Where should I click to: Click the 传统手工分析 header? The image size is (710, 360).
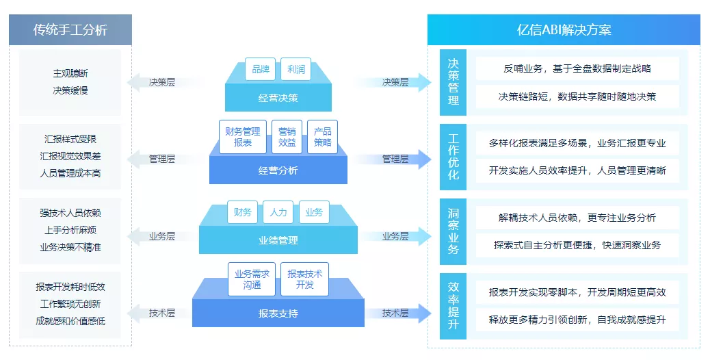click(70, 30)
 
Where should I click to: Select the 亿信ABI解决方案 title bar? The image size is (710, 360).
click(564, 30)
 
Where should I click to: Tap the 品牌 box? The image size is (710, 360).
click(260, 69)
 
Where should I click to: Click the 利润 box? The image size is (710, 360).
click(296, 69)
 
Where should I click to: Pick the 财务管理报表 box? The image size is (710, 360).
click(242, 137)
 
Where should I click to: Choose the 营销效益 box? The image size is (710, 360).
click(287, 137)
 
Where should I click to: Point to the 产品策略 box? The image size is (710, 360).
click(322, 137)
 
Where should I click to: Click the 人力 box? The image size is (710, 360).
click(278, 212)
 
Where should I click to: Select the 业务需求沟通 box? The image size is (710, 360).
click(252, 279)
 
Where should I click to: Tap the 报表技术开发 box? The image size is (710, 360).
click(305, 279)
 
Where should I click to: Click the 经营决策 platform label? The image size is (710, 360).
click(278, 98)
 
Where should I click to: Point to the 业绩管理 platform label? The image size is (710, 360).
click(278, 240)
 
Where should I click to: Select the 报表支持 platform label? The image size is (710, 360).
click(278, 314)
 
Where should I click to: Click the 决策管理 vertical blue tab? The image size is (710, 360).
click(453, 81)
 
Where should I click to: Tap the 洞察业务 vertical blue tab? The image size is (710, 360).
click(453, 231)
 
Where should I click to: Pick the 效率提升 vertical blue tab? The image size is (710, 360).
click(453, 306)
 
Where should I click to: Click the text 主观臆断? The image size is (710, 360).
click(70, 73)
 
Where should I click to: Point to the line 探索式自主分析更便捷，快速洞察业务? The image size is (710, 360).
click(577, 245)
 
